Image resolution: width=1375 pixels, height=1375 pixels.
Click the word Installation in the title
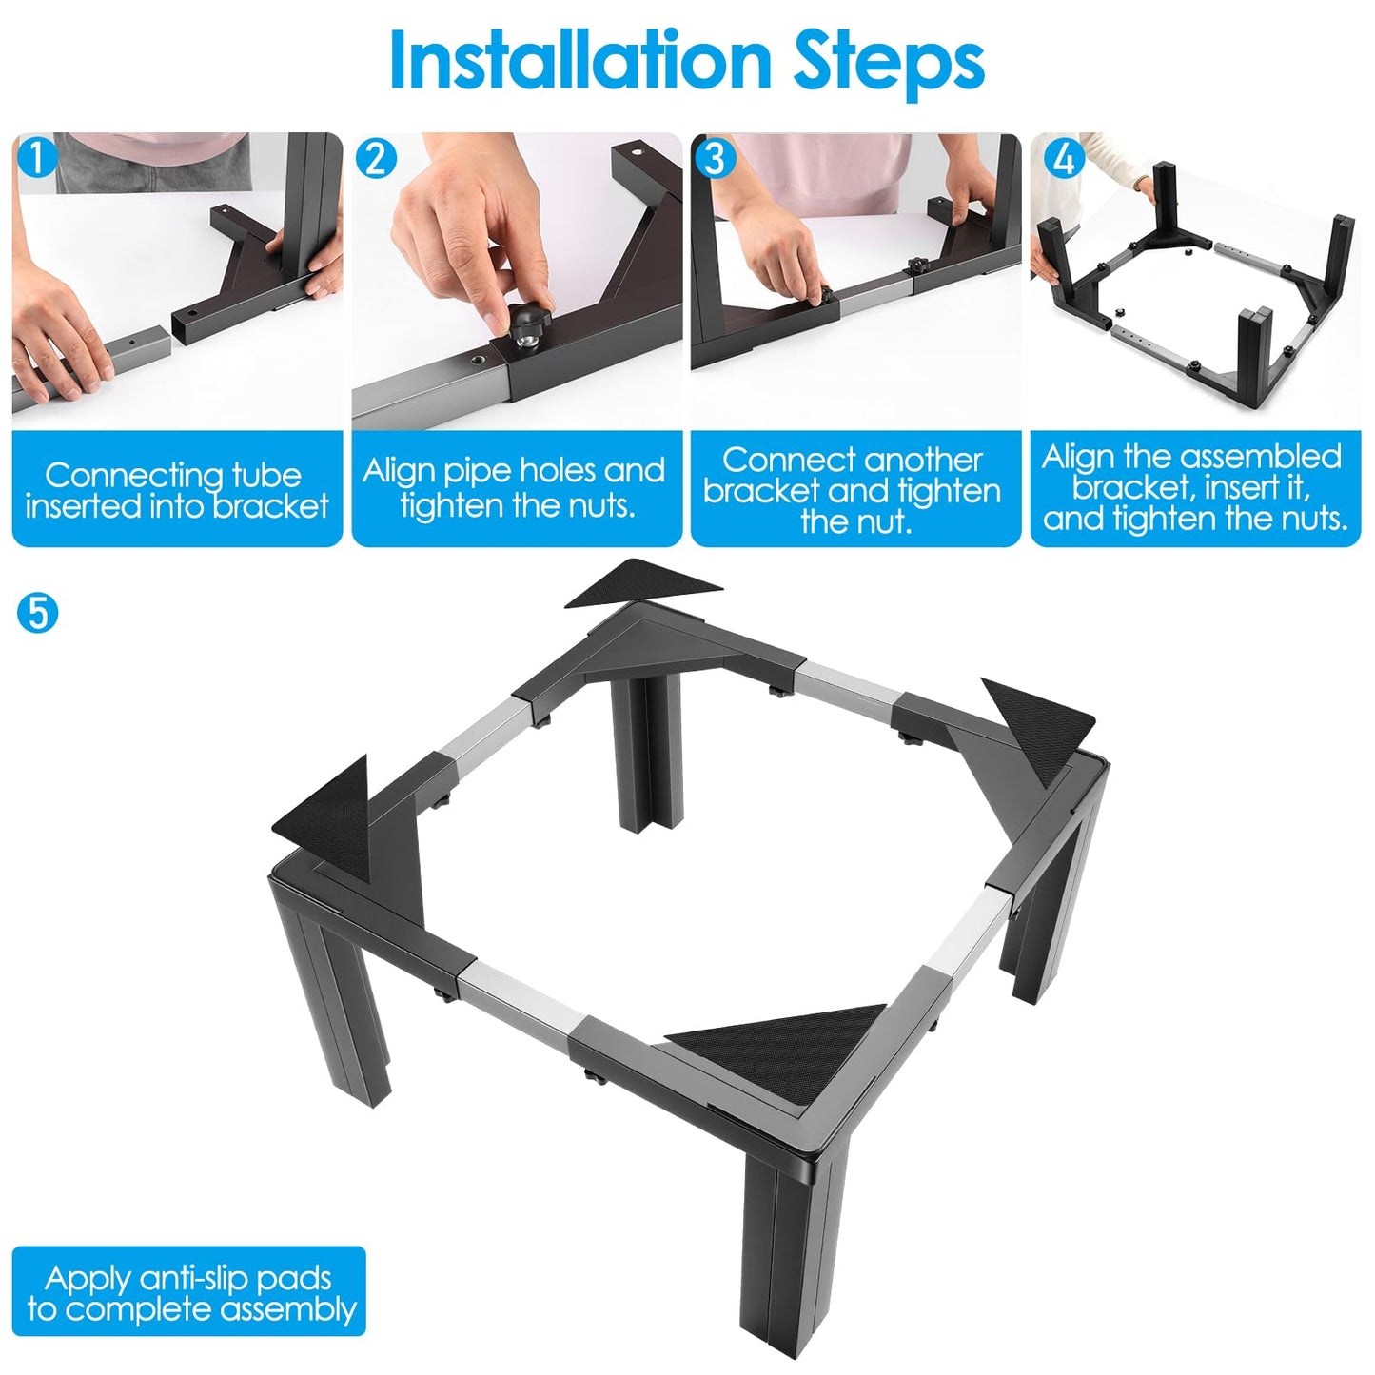pos(580,60)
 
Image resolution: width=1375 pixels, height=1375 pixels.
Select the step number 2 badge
pos(375,158)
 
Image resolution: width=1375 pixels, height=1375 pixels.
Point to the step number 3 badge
pos(714,158)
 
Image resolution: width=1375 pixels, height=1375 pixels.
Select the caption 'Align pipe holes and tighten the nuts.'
pos(514,487)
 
